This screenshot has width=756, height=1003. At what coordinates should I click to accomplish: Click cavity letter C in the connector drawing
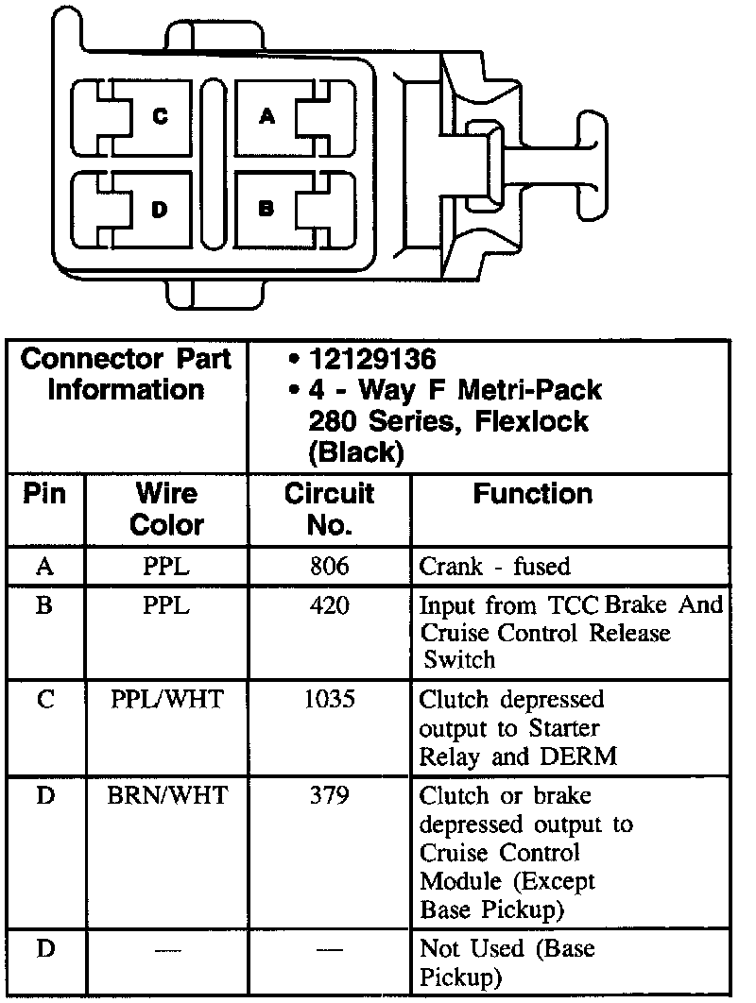pos(161,116)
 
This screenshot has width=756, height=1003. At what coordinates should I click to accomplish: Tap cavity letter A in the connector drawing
pos(267,116)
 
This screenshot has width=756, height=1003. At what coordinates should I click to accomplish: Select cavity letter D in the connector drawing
pos(160,209)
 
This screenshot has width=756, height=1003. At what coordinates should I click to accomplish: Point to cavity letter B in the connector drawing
pos(266,209)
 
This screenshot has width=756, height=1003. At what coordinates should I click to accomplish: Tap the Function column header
pos(533,494)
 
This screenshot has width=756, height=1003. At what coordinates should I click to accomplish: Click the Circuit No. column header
pos(329,509)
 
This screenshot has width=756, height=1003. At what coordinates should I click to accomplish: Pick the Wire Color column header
pos(166,509)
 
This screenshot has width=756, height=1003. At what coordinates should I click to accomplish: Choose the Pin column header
pos(44,494)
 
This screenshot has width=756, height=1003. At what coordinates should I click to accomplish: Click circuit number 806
pos(329,567)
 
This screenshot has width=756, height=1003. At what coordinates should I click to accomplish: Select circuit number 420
pos(329,604)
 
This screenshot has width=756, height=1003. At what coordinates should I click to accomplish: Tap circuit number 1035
pos(329,701)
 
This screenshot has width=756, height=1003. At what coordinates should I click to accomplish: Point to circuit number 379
pos(329,796)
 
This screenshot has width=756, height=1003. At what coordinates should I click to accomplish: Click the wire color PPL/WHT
pos(166,701)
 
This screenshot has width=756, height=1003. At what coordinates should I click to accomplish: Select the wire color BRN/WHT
pos(166,796)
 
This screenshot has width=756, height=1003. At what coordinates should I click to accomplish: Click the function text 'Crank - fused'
pos(494,567)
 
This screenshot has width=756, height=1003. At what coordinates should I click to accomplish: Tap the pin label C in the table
pos(44,701)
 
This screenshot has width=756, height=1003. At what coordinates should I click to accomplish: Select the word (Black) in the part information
pos(356,451)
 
